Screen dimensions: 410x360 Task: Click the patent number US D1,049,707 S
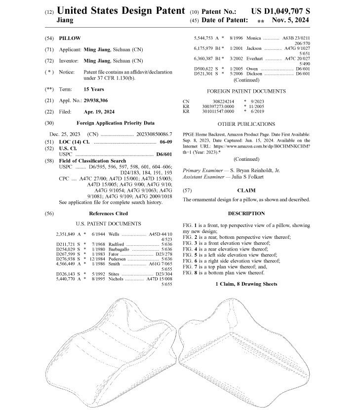[281, 10]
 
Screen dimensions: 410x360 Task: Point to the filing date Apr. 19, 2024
[99, 112]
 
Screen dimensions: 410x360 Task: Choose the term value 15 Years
[94, 89]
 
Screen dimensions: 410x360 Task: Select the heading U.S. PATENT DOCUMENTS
[109, 224]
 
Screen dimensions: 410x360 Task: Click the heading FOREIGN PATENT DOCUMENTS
[246, 91]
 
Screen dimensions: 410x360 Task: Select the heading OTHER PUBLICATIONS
[246, 124]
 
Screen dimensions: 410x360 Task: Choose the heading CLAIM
[246, 190]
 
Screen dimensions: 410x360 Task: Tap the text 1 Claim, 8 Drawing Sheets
[246, 284]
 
